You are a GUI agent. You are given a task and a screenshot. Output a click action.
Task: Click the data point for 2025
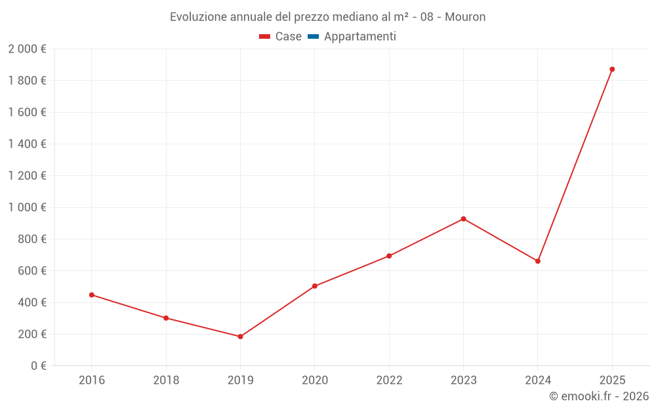point(612,69)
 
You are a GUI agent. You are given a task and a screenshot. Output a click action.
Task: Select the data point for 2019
point(240,337)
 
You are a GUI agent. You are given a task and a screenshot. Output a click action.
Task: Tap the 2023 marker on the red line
point(463,218)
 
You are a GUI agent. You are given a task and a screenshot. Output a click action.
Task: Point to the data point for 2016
point(92,295)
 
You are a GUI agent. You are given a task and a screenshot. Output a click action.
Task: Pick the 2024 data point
point(538,261)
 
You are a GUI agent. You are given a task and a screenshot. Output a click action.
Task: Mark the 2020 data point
point(315,286)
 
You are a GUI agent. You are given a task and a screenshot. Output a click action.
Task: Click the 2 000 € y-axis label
point(27,49)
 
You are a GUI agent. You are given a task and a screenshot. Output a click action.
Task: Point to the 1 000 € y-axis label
point(27,207)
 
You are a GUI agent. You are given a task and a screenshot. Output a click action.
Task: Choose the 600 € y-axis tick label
point(31,271)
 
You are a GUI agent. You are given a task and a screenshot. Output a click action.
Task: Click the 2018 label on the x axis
point(166,380)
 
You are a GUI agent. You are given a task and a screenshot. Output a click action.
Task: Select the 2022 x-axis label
point(389,380)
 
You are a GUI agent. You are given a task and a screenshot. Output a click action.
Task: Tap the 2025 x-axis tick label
point(612,380)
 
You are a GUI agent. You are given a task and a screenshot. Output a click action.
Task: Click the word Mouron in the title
point(465,17)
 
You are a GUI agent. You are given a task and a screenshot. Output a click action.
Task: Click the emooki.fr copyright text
point(599,396)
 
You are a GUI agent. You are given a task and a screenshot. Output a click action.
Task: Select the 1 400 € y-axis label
point(27,144)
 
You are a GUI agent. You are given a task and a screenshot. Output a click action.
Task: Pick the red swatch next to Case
point(265,37)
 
